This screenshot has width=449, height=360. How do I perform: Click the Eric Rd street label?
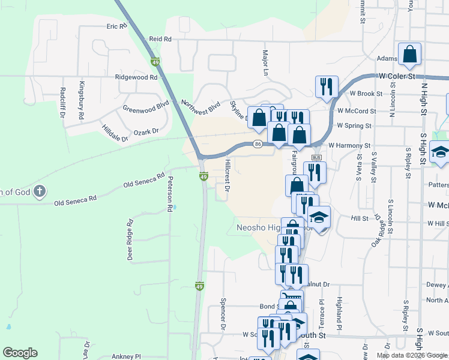coord(117,27)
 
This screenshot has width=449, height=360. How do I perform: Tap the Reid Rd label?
coord(160,38)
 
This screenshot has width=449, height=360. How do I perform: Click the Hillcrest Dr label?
coord(228,175)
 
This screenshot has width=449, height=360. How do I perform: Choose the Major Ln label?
coord(265,62)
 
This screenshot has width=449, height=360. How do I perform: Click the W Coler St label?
coord(397,77)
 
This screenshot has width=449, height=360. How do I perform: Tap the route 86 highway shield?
coord(257,144)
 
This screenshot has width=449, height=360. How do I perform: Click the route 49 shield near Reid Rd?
coord(155,62)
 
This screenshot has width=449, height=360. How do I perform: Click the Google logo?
coord(20,353)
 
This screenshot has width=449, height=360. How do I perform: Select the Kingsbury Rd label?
coord(82,99)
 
